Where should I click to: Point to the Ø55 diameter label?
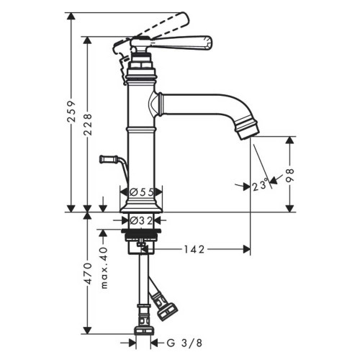tap(142, 192)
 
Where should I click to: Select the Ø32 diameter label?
tap(142, 220)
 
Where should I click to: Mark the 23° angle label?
tap(260, 185)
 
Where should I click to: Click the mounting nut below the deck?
tap(142, 238)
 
